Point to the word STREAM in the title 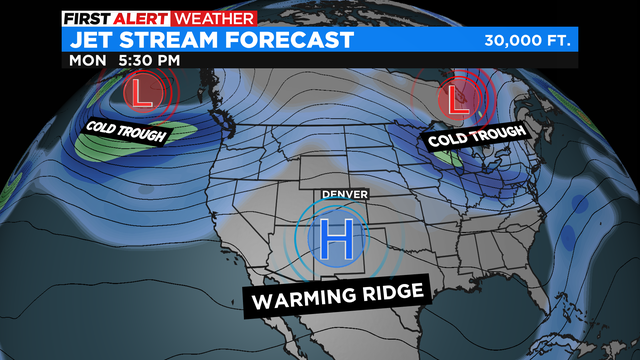[x=174, y=39]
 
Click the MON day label [x=87, y=60]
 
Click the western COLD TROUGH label [x=125, y=131]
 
